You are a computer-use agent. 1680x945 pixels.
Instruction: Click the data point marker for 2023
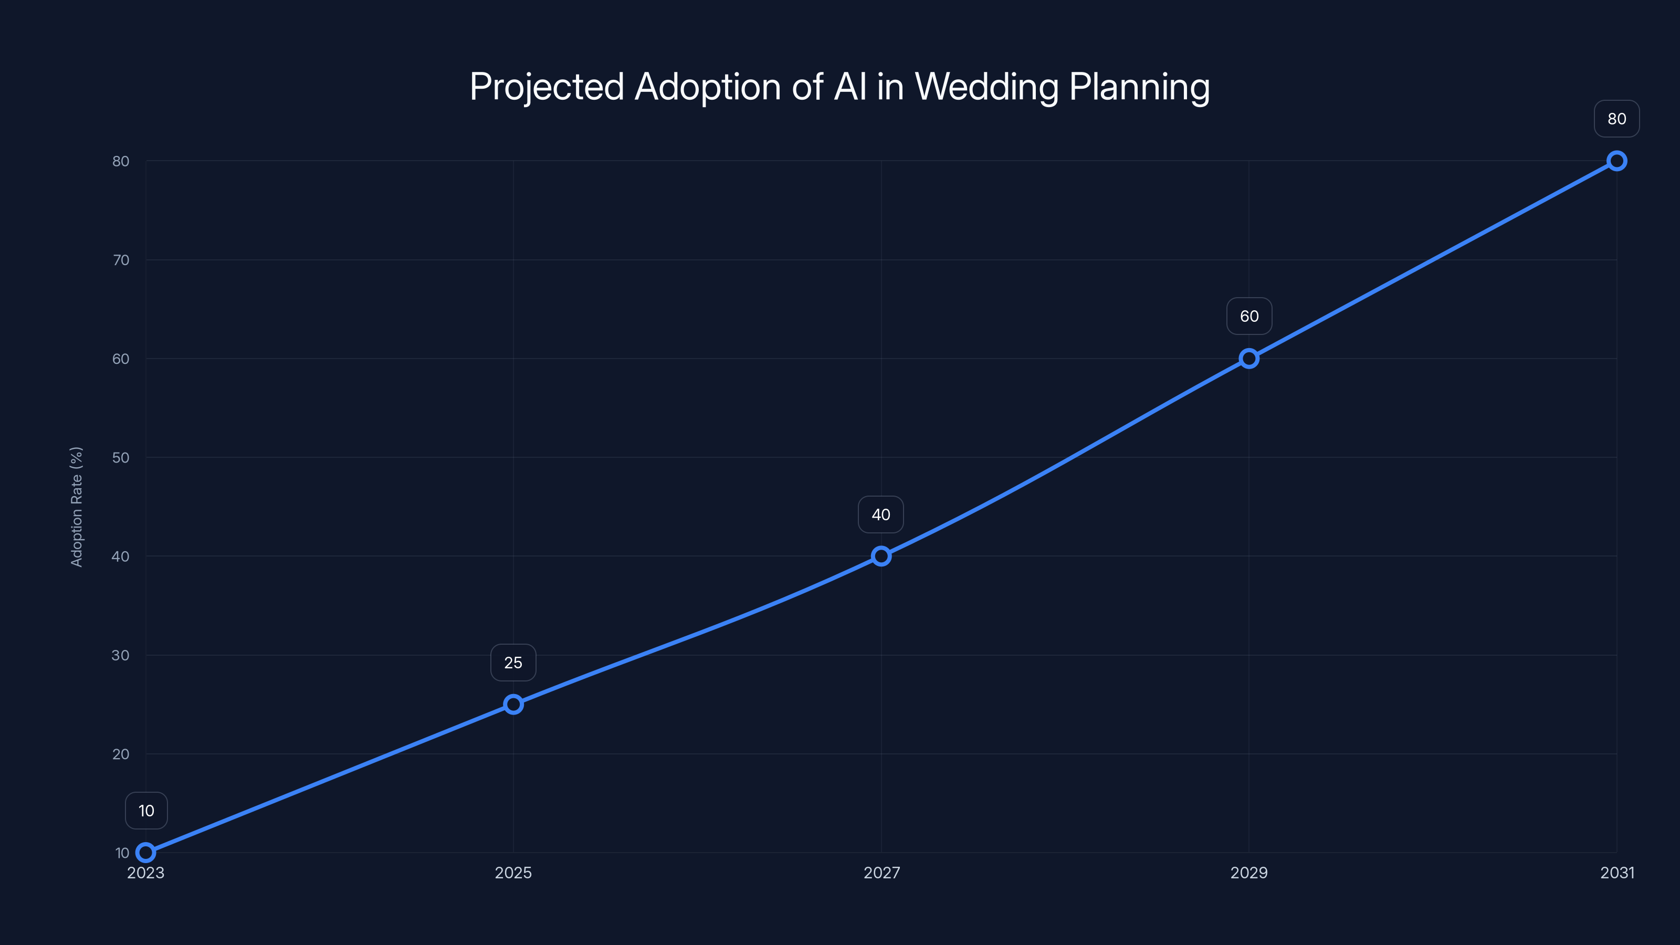click(146, 853)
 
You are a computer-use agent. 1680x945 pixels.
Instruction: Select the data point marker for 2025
click(513, 705)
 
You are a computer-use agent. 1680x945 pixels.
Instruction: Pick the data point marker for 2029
click(1249, 359)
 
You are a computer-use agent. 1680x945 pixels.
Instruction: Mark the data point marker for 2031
click(1617, 161)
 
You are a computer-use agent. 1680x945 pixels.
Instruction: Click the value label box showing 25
click(513, 663)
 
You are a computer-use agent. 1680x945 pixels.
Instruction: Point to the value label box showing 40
click(881, 514)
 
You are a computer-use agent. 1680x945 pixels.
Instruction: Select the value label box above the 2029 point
click(1249, 316)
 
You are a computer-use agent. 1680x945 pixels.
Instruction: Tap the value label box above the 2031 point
click(1617, 119)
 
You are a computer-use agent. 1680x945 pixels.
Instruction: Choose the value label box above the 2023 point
click(146, 811)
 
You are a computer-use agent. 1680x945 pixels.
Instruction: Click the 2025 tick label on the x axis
click(513, 873)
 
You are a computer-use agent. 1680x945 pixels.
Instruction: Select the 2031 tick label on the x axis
click(1618, 873)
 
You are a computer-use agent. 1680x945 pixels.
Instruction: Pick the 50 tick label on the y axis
click(121, 458)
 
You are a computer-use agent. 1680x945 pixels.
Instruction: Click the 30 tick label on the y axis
click(121, 655)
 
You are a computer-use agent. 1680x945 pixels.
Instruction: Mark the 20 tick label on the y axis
click(121, 754)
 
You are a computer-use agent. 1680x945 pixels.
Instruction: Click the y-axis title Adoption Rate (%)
click(76, 507)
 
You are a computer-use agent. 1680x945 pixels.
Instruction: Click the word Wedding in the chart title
click(987, 87)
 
